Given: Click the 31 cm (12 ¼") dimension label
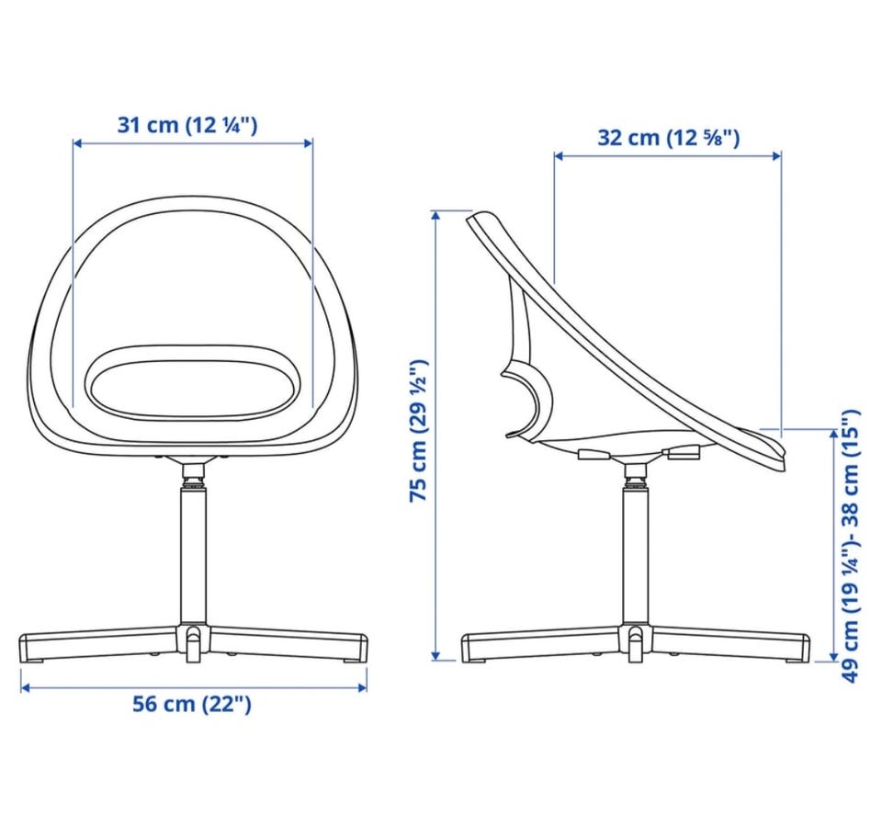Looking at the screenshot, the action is click(x=187, y=125).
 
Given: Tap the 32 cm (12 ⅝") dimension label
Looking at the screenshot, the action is click(x=668, y=138).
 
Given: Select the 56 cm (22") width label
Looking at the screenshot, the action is click(x=192, y=704).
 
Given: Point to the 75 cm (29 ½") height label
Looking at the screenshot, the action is click(x=419, y=430).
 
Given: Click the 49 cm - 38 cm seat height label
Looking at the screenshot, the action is click(x=851, y=546).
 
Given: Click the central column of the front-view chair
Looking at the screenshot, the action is click(x=193, y=557).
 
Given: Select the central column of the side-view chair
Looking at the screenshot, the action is click(x=636, y=557).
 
